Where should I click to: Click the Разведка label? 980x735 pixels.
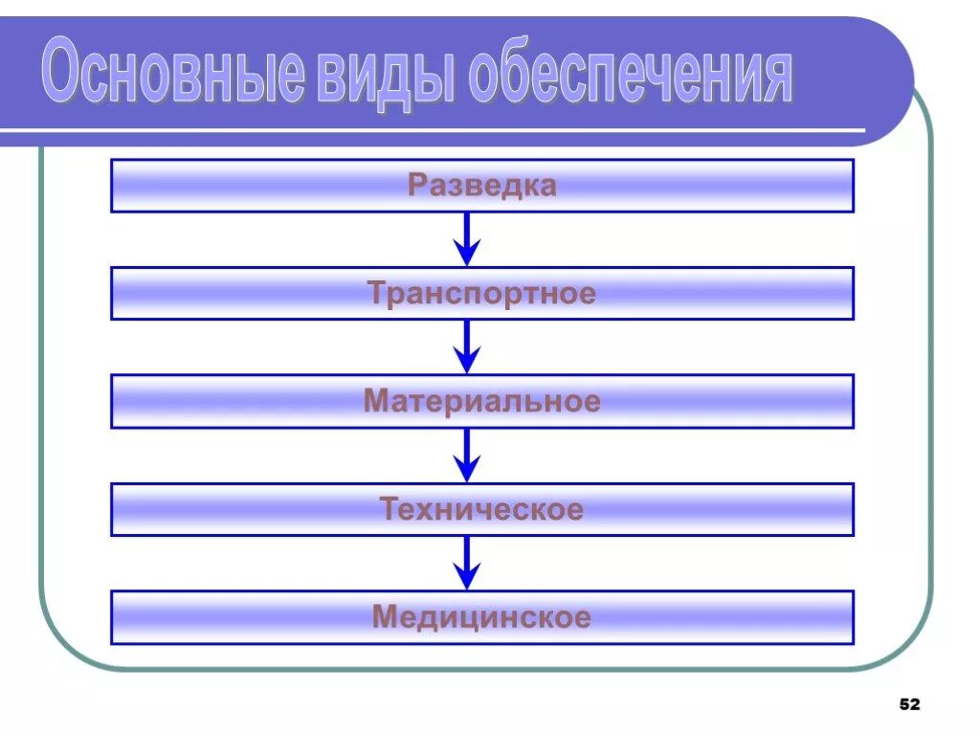[x=481, y=185]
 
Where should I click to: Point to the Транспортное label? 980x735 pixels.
[x=481, y=293]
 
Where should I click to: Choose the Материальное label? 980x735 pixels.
[x=481, y=401]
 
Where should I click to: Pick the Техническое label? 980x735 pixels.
[x=481, y=509]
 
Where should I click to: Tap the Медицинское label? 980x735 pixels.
[x=481, y=617]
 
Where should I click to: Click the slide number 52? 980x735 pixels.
[x=909, y=704]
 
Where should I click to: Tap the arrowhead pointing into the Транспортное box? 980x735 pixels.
[x=466, y=255]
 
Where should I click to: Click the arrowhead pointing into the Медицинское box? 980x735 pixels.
[x=466, y=579]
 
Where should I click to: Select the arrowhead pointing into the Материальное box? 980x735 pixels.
[x=466, y=363]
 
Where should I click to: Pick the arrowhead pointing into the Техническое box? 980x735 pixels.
[x=466, y=471]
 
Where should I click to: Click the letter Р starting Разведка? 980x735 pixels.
[x=416, y=185]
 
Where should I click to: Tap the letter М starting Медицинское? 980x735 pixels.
[x=384, y=617]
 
